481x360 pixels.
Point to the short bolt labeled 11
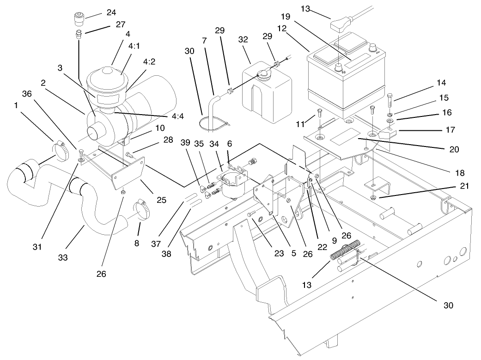319,112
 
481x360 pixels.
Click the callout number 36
27,94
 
